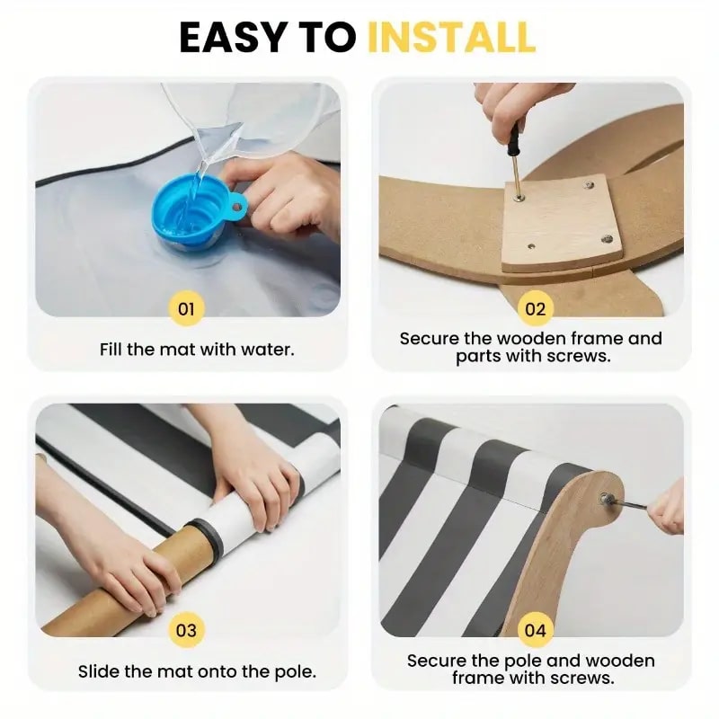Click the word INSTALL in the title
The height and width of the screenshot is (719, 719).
(x=452, y=37)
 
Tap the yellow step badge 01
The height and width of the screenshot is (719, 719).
(x=186, y=309)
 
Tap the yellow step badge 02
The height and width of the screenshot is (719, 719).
(x=535, y=309)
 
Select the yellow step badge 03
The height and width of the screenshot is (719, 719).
(x=186, y=631)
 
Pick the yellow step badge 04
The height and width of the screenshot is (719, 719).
(x=535, y=631)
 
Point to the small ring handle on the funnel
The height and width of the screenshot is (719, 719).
(x=237, y=208)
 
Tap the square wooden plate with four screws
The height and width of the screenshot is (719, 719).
(x=561, y=222)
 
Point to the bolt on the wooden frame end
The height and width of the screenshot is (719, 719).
(x=606, y=497)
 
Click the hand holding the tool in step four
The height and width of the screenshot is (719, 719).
(x=666, y=507)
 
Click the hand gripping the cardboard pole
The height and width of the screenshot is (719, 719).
(x=143, y=569)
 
